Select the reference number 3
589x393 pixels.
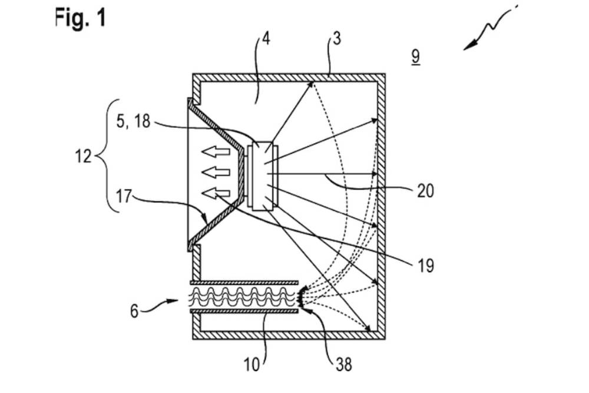[336, 40]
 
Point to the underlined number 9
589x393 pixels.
[415, 57]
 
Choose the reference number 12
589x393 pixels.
[82, 157]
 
